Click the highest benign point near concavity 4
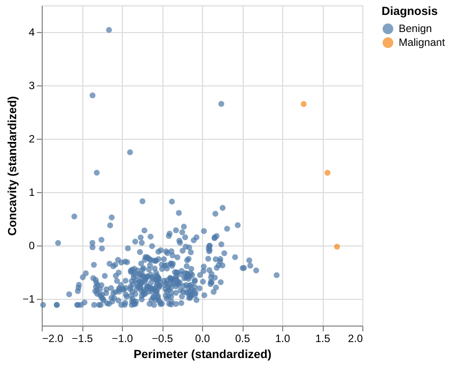point(109,30)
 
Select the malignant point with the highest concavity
point(304,104)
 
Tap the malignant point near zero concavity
point(337,247)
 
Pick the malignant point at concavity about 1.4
point(327,173)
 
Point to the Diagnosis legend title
point(409,11)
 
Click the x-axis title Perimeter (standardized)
point(203,354)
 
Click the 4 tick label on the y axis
point(32,33)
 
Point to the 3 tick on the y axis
point(32,86)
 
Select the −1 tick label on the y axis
point(29,299)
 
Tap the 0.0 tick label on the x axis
point(203,338)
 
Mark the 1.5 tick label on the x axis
point(323,338)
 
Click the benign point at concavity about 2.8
point(92,96)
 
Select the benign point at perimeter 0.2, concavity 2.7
point(221,104)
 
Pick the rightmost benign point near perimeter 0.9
point(277,275)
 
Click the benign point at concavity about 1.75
point(130,152)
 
